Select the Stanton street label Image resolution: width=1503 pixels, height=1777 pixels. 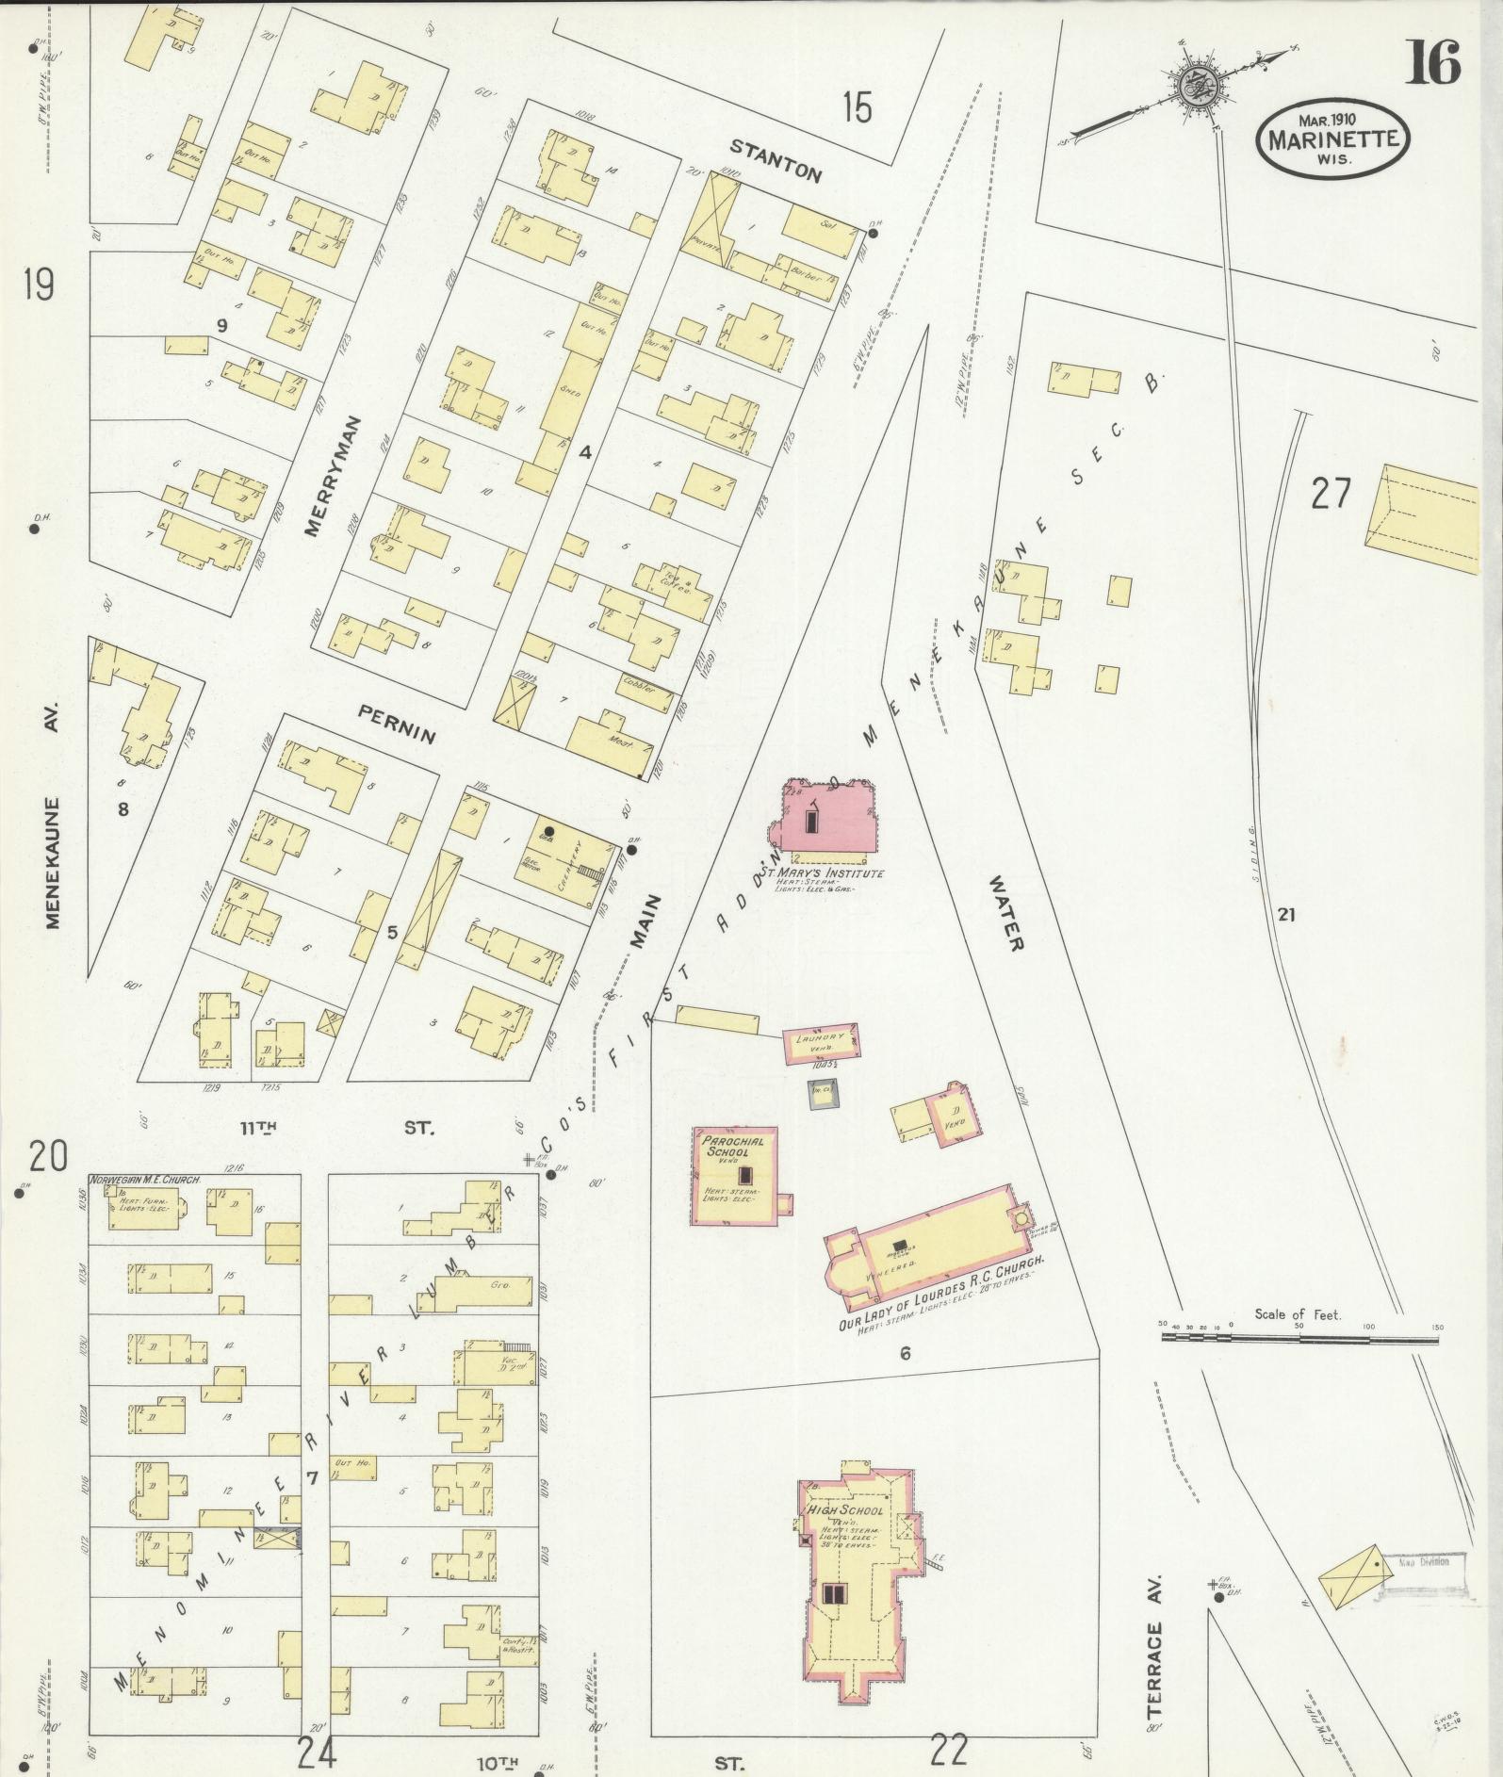point(777,161)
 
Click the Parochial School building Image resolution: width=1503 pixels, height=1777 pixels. point(735,1176)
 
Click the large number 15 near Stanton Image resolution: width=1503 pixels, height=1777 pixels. point(857,107)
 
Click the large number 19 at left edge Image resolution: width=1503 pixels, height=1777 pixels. point(39,284)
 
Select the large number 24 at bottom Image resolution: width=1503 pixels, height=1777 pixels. point(318,1754)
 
